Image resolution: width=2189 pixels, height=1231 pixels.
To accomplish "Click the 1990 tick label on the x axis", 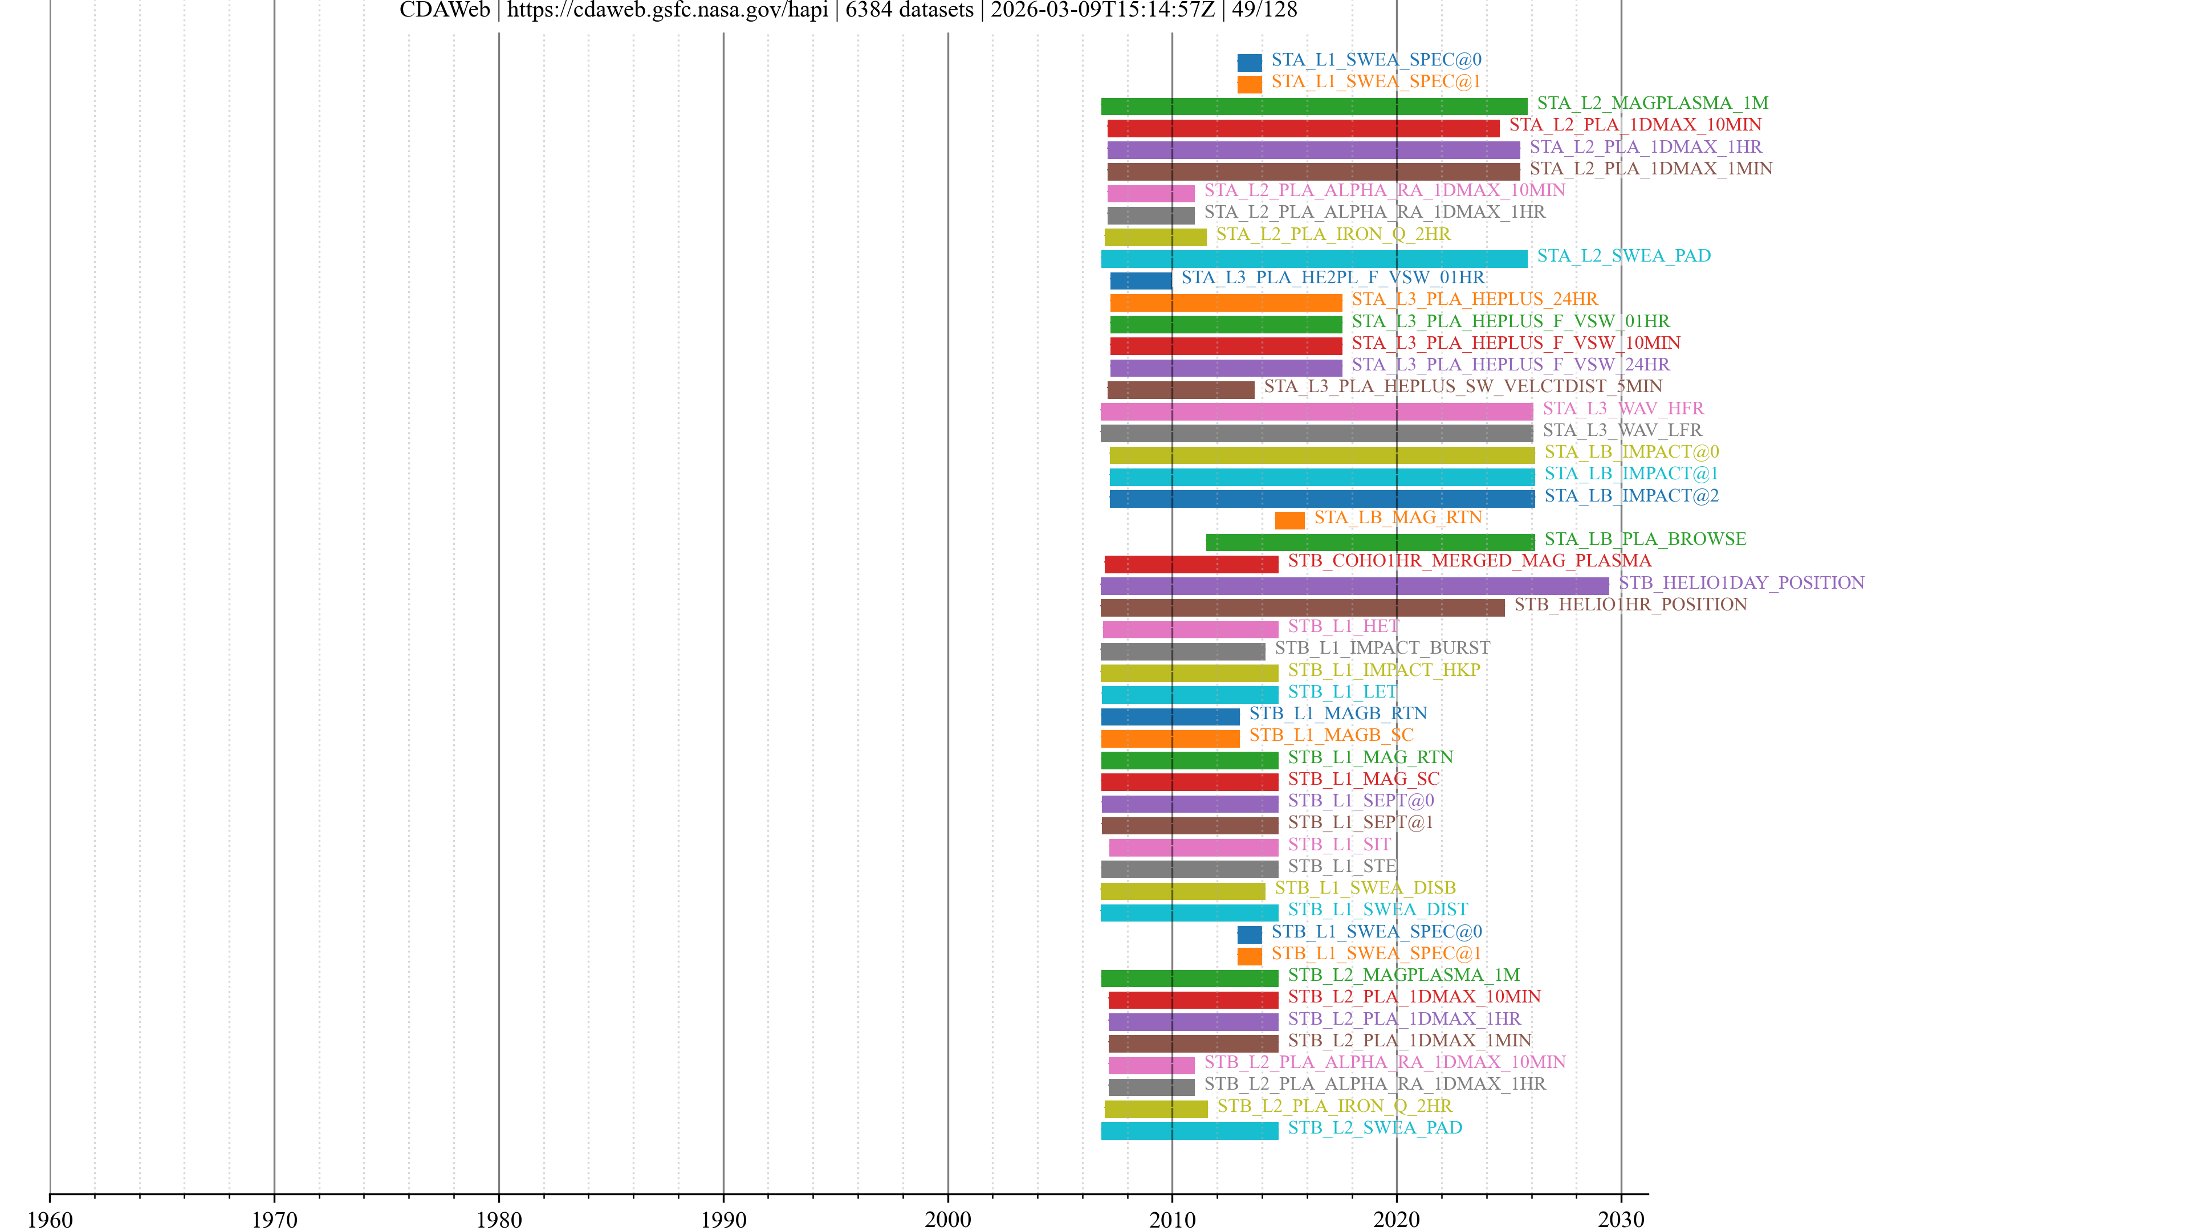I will coord(723,1219).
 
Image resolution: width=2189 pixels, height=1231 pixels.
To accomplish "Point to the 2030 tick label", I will coord(1621,1219).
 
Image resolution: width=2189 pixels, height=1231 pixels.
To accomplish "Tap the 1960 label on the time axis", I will coord(50,1219).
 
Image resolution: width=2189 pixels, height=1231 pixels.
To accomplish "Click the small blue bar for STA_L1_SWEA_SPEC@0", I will coord(1249,62).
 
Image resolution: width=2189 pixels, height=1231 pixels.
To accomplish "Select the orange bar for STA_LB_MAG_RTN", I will coord(1289,520).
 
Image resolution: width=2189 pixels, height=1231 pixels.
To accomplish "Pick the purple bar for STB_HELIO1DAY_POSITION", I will coord(1354,585).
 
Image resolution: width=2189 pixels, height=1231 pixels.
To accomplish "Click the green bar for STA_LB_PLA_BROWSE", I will coord(1370,542).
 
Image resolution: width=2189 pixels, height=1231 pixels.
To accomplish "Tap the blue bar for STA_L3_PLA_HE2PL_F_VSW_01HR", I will coord(1140,280).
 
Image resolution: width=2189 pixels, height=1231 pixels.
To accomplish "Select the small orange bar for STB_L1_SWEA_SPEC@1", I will coord(1249,956).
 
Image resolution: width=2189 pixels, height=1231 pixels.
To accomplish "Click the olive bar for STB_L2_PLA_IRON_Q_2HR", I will coord(1155,1108).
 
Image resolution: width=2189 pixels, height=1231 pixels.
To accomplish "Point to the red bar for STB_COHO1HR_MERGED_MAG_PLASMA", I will coord(1190,564).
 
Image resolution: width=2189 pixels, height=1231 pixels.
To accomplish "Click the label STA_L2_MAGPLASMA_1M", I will coord(1652,103).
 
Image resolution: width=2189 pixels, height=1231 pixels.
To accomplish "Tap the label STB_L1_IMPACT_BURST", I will coord(1382,647).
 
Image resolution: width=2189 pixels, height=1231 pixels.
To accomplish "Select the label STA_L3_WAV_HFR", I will coord(1623,408).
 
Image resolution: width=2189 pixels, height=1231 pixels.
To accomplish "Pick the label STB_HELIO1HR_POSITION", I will coord(1630,604).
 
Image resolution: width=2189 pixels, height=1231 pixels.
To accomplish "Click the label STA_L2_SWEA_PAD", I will coord(1623,256).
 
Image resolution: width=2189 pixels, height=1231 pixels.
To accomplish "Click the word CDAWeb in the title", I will coord(445,10).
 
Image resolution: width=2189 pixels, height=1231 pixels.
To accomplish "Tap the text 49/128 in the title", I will coord(1264,10).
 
